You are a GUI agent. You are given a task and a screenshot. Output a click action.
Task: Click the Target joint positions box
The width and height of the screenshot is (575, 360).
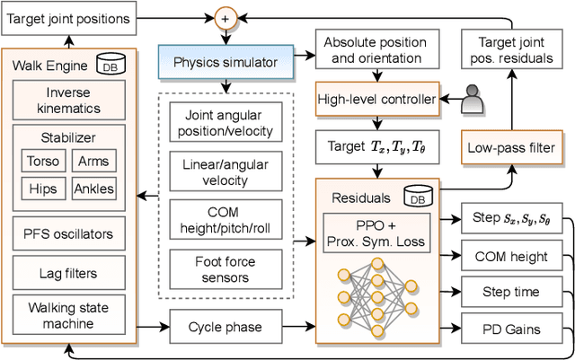(70, 18)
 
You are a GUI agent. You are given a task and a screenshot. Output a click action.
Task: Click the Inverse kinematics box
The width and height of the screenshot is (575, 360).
(69, 100)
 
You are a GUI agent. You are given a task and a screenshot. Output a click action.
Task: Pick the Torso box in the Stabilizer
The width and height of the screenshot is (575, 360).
(45, 162)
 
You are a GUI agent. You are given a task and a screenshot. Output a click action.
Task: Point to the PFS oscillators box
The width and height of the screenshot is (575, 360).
(69, 233)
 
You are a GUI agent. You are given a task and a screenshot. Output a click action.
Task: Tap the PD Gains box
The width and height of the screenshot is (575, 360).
(510, 329)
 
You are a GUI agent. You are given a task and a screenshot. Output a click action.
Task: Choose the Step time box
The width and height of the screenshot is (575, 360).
(510, 293)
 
